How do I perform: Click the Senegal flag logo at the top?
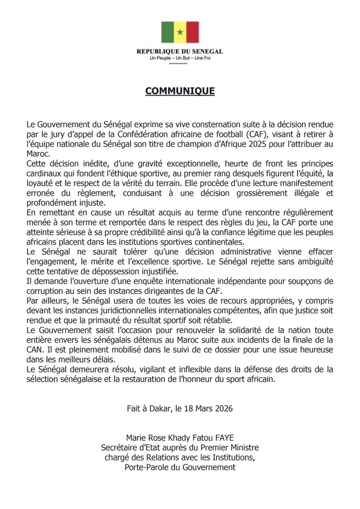pos(179,33)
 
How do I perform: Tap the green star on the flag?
pos(180,33)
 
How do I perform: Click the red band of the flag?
pos(192,33)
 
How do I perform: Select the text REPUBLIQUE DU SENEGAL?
pos(179,51)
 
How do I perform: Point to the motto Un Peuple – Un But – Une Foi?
pos(179,58)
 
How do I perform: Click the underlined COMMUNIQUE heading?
pos(179,90)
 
